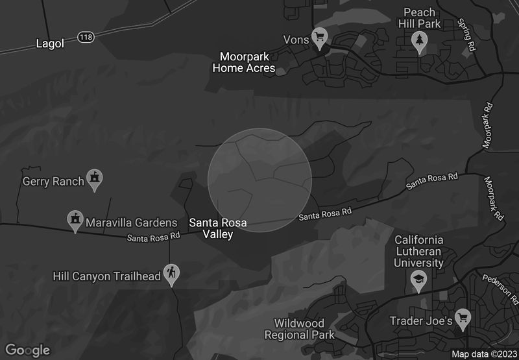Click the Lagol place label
[x=50, y=43]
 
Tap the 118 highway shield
[x=86, y=37]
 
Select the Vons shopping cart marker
[x=319, y=36]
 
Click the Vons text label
[x=296, y=39]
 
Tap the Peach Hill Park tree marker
[x=420, y=41]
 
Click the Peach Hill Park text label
[x=422, y=18]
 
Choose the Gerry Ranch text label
[x=53, y=182]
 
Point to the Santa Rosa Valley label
[x=217, y=228]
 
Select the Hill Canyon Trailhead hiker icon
[x=171, y=273]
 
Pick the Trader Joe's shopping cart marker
[x=463, y=317]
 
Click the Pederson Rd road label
[x=500, y=289]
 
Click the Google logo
[x=29, y=350]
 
